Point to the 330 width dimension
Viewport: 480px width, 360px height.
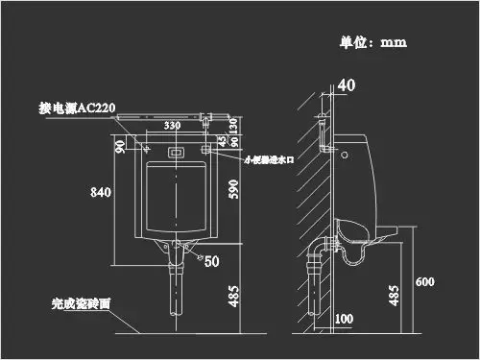[172, 126]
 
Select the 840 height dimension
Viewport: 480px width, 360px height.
[102, 192]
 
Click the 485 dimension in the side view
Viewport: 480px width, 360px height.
[394, 295]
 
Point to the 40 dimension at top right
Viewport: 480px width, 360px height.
[347, 85]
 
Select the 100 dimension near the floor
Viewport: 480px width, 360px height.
[345, 318]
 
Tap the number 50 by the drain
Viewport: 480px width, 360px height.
[211, 260]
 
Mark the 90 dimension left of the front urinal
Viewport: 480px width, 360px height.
[120, 145]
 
